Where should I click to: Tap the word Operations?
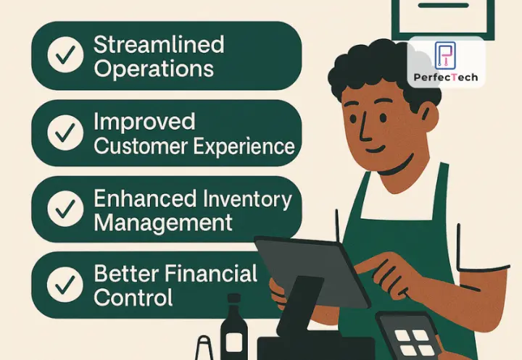point(154,69)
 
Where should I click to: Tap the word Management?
point(163,222)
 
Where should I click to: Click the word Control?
point(133,298)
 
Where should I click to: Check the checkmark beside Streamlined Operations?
point(65,56)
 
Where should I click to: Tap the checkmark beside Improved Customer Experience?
point(65,133)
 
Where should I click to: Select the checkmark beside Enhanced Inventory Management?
point(65,209)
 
